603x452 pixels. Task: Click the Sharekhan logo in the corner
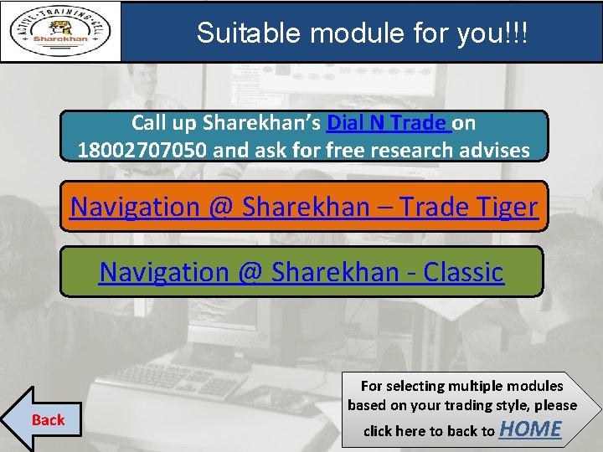coord(60,32)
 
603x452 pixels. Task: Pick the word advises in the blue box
coord(494,150)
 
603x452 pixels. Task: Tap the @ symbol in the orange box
coord(221,206)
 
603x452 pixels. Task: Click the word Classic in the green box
coord(463,272)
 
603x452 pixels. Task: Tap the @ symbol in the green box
coord(251,272)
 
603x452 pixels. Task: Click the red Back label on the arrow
coord(48,419)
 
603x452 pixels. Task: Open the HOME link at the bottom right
coord(530,429)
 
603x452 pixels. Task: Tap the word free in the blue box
coord(349,150)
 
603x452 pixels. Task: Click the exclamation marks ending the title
coord(516,33)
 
